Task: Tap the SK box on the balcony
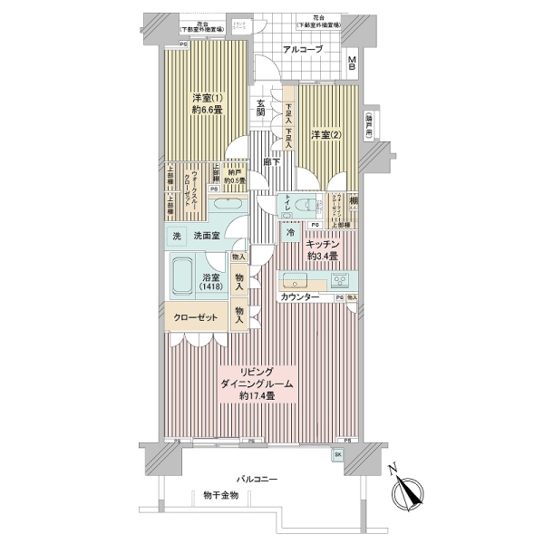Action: tap(338, 454)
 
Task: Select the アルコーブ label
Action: tap(302, 49)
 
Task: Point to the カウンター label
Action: tap(299, 297)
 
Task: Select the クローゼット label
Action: tap(194, 318)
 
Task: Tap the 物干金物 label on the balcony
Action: tap(219, 495)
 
